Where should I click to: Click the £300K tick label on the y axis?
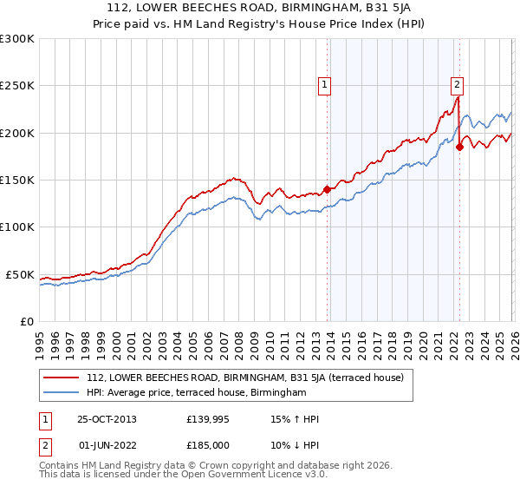coord(16,39)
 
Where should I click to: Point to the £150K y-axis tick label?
coord(16,181)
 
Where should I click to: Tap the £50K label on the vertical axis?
coord(19,274)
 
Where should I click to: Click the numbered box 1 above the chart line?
coord(323,85)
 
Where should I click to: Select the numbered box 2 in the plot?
coord(456,85)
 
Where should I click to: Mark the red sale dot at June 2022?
coord(459,148)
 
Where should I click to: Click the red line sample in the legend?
coord(62,378)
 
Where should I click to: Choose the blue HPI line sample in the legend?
coord(62,393)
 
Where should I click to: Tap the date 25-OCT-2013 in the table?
coord(107,419)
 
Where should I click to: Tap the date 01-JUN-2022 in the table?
coord(107,445)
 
